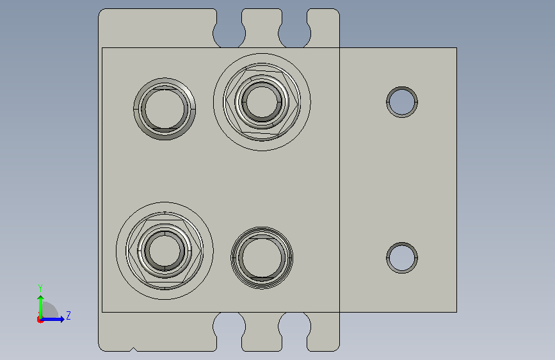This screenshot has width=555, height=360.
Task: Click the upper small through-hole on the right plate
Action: [402, 102]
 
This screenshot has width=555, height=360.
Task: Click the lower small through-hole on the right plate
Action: [402, 258]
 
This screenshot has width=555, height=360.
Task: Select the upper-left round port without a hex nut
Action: [165, 109]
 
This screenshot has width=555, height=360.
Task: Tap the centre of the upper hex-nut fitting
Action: [262, 102]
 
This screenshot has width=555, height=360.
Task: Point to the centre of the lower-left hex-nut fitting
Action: [165, 251]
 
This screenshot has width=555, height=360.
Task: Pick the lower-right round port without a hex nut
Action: [262, 258]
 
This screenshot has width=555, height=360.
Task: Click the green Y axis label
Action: [40, 288]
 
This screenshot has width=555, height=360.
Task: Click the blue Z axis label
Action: [68, 315]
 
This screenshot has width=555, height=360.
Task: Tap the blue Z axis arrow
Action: [52, 319]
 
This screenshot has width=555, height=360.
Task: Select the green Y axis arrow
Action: [41, 307]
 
